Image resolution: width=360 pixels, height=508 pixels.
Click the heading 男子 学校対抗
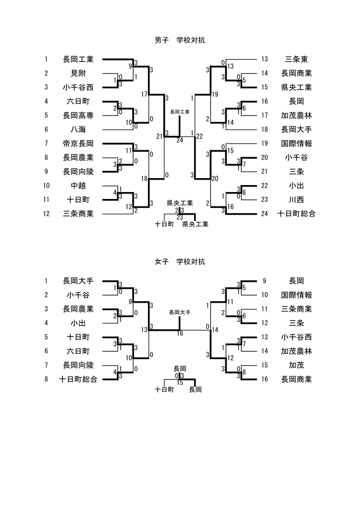click(180, 40)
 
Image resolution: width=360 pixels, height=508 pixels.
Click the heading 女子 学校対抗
click(180, 261)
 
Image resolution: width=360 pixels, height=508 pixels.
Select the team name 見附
click(78, 73)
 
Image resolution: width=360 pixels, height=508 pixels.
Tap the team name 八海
click(78, 129)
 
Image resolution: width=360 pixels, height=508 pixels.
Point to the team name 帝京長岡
click(78, 144)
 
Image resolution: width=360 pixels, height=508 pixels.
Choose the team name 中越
click(78, 186)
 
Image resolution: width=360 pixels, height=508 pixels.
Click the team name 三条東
click(296, 60)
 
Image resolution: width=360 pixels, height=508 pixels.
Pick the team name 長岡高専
click(78, 116)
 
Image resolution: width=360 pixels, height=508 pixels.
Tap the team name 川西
click(296, 200)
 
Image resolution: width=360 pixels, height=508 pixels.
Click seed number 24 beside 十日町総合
click(265, 214)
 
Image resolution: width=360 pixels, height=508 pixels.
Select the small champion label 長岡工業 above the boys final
click(180, 112)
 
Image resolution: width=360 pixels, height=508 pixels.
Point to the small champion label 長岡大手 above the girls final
click(180, 313)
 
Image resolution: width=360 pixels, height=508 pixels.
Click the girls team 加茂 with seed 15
click(296, 365)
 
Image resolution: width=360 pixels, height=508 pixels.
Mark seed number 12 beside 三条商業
click(46, 214)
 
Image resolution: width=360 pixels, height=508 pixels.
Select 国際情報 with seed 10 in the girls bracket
click(296, 295)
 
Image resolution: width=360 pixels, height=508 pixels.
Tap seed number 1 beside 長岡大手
click(46, 281)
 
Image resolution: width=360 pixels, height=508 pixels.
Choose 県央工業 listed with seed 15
click(296, 87)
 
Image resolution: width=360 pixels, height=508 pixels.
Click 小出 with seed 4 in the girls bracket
click(78, 323)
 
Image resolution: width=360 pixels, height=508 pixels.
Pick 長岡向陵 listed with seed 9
click(78, 172)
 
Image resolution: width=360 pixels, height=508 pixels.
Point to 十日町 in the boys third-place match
click(164, 224)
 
